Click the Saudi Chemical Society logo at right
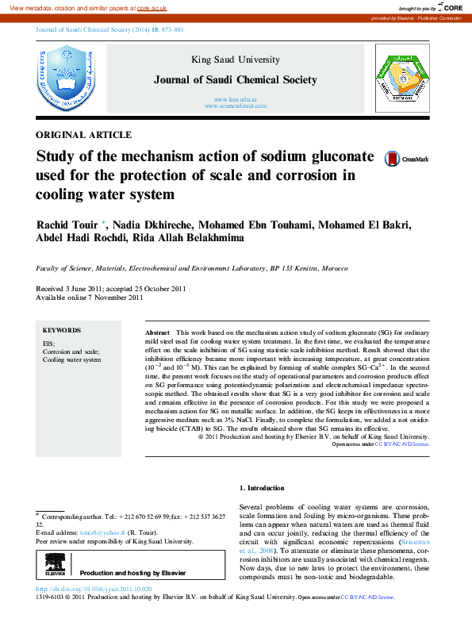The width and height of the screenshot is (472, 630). [x=404, y=78]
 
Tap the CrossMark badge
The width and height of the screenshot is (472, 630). [x=405, y=159]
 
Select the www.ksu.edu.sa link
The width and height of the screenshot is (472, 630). [x=236, y=98]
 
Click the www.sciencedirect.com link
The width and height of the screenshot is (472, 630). [x=236, y=106]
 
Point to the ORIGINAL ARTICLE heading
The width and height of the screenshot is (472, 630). [x=84, y=135]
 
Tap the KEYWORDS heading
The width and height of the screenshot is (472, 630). [x=62, y=330]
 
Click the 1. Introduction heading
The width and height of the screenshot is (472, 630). [x=261, y=488]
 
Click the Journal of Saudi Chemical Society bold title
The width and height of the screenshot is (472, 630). [x=236, y=79]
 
